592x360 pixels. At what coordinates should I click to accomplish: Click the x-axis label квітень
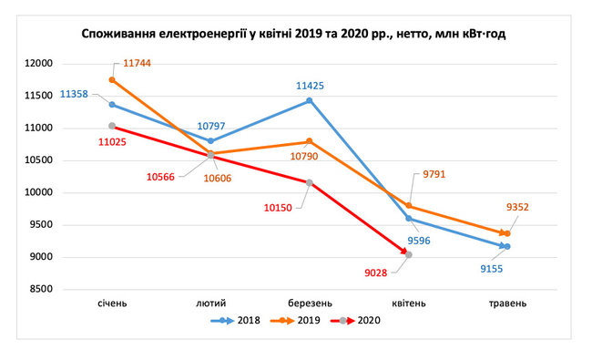[409, 303]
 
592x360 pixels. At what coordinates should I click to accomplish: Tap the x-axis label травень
[507, 303]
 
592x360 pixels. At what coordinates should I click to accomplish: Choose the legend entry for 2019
[296, 321]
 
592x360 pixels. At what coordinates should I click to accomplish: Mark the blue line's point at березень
[310, 100]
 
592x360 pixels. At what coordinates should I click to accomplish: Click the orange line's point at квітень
[409, 205]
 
